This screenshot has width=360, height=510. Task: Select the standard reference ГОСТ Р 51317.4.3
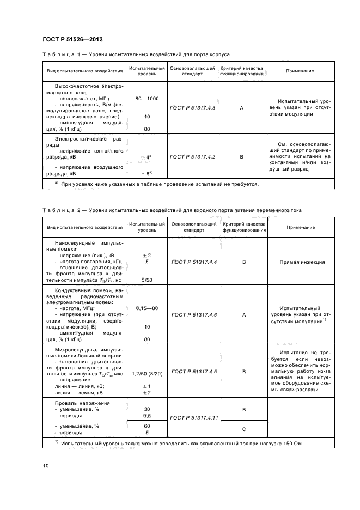(193, 108)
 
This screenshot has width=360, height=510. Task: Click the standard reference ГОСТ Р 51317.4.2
(193, 156)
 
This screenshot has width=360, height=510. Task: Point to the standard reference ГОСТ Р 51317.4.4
(194, 262)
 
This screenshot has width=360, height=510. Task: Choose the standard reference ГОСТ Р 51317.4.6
(194, 315)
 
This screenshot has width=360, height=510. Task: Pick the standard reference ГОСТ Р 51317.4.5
(194, 372)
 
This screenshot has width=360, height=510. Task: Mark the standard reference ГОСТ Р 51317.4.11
(194, 417)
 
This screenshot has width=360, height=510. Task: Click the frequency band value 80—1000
(147, 98)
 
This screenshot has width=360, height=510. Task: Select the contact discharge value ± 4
(146, 157)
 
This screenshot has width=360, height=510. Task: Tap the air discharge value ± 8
(146, 173)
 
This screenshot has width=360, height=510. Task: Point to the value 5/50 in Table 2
(147, 280)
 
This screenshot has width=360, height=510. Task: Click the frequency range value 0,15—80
(147, 308)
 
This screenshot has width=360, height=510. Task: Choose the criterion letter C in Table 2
(243, 428)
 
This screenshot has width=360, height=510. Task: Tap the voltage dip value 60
(147, 426)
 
